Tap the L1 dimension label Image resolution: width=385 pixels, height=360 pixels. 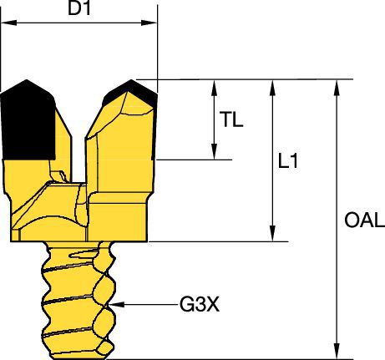click(x=287, y=162)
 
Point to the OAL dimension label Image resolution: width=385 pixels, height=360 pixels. click(x=363, y=220)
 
